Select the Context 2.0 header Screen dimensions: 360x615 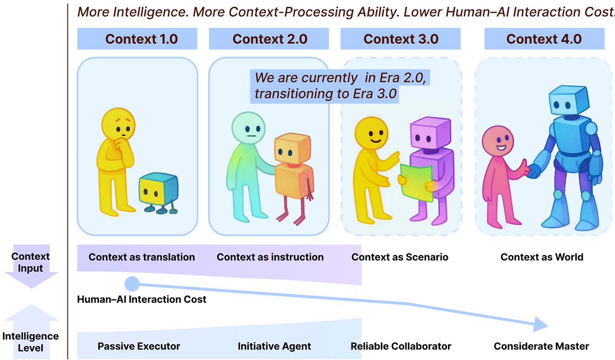[x=269, y=39]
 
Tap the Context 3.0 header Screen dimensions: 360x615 [x=401, y=39]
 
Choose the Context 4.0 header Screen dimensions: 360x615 [x=544, y=39]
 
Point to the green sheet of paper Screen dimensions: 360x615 [x=416, y=181]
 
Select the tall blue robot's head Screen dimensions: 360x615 [x=568, y=102]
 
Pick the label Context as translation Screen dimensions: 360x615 [x=142, y=257]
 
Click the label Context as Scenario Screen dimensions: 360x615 [x=400, y=257]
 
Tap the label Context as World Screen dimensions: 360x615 [x=542, y=257]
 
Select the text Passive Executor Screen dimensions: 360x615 [x=139, y=346]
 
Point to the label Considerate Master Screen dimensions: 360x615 [x=541, y=346]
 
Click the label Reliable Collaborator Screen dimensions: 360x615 [x=401, y=346]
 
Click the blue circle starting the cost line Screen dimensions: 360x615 [x=132, y=284]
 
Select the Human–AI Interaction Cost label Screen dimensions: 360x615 [x=142, y=299]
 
